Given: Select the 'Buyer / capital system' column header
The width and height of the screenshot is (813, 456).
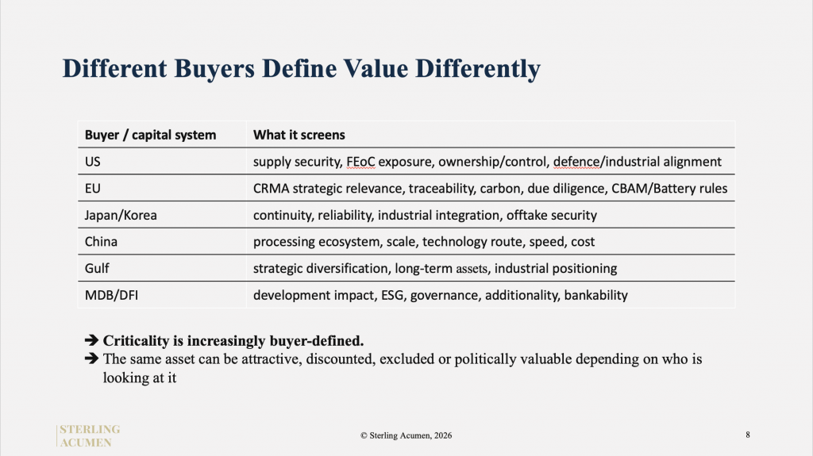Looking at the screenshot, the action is (150, 136).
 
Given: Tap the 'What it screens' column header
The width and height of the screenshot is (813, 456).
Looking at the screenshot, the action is (299, 135).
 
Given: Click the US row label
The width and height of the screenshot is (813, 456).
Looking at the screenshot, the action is (92, 162).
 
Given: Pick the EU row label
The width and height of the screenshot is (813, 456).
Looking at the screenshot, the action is (92, 189).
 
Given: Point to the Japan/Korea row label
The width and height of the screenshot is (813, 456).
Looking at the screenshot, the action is (121, 216).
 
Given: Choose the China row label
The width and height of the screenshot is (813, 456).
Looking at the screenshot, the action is (101, 242).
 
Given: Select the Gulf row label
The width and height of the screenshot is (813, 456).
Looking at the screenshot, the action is (97, 268).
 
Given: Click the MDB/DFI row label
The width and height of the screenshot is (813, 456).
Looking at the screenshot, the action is (111, 295).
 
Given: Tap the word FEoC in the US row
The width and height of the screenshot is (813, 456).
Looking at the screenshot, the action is (360, 162).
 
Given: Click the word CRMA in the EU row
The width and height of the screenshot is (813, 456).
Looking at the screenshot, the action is (272, 189).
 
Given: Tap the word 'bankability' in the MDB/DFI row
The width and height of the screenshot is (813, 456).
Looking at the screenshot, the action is (595, 295).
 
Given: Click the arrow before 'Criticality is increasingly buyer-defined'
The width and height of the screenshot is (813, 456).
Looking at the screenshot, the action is (91, 340).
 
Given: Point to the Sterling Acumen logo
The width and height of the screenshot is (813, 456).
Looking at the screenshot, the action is (88, 436).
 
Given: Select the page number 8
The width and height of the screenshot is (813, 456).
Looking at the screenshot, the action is (748, 435).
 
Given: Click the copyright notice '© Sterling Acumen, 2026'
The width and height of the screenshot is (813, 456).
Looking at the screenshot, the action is (406, 436).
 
